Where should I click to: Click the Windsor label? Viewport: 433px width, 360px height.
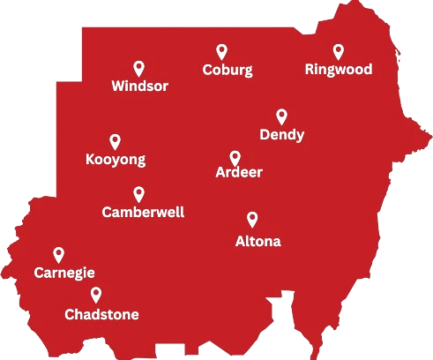139,86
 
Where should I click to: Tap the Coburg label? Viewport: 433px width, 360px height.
227,71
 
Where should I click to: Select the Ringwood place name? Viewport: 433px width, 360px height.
338,69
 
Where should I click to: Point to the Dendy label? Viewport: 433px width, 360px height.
282,135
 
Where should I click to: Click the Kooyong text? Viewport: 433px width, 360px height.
115,160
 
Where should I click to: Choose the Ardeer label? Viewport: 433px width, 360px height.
239,173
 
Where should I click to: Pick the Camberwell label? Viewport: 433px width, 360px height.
143,213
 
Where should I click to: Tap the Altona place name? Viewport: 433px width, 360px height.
258,240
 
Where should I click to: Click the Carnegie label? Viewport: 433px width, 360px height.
63,274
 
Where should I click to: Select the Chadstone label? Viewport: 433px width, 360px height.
101,314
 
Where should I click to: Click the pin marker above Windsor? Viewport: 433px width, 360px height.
138,68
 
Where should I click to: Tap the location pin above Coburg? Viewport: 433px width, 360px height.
221,52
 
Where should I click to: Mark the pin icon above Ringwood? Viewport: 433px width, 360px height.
338,51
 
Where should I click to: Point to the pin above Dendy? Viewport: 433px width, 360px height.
281,116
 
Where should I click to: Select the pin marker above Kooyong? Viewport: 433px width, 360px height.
115,141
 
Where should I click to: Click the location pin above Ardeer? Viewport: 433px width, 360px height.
235,157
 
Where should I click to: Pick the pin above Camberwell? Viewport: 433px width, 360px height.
138,194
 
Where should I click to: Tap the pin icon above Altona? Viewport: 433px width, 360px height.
252,219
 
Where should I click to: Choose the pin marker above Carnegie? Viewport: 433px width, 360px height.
59,255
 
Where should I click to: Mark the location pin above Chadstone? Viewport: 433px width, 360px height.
95,295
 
